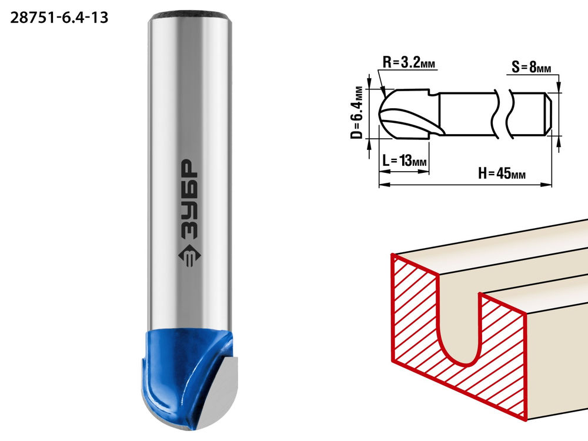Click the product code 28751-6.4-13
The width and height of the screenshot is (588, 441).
(x=59, y=18)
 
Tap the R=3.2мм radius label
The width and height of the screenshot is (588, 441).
(x=409, y=62)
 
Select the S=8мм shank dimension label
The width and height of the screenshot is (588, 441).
(x=532, y=68)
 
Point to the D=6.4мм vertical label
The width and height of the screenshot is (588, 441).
(x=357, y=112)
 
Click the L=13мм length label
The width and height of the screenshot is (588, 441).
(x=405, y=161)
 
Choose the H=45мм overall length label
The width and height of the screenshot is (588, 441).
(x=502, y=173)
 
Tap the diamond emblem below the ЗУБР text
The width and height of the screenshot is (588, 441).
(x=189, y=257)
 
